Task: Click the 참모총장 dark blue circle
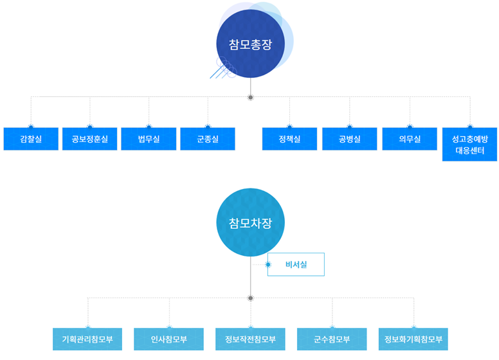click(x=250, y=44)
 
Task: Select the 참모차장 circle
click(x=250, y=222)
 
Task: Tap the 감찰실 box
click(x=30, y=139)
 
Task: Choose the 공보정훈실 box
click(x=89, y=139)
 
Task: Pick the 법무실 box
click(x=149, y=139)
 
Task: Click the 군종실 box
click(x=208, y=139)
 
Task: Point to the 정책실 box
click(x=289, y=139)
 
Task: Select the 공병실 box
click(x=349, y=139)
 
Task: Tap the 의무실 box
click(x=409, y=139)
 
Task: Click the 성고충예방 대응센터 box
click(x=469, y=145)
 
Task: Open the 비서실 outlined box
click(x=296, y=264)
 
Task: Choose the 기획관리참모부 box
click(x=87, y=339)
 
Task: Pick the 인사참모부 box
click(x=168, y=339)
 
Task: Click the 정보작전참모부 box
click(x=250, y=339)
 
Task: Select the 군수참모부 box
click(x=332, y=339)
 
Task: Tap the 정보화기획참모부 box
click(x=413, y=339)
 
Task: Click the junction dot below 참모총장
click(x=250, y=98)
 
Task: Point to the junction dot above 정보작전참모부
click(x=250, y=298)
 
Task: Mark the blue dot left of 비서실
click(x=268, y=264)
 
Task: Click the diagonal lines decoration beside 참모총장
click(x=222, y=68)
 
